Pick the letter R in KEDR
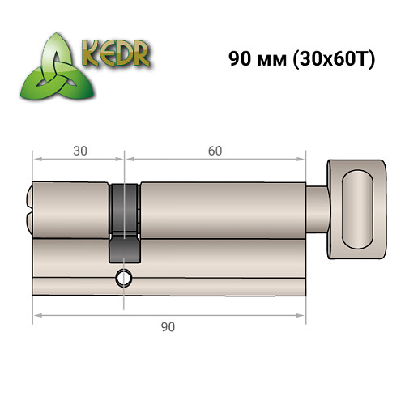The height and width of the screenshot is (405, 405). [x=142, y=53]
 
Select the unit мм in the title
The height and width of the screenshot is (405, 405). [x=271, y=60]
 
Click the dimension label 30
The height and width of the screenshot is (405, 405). [x=78, y=151]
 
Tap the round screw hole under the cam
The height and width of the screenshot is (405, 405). [x=123, y=277]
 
